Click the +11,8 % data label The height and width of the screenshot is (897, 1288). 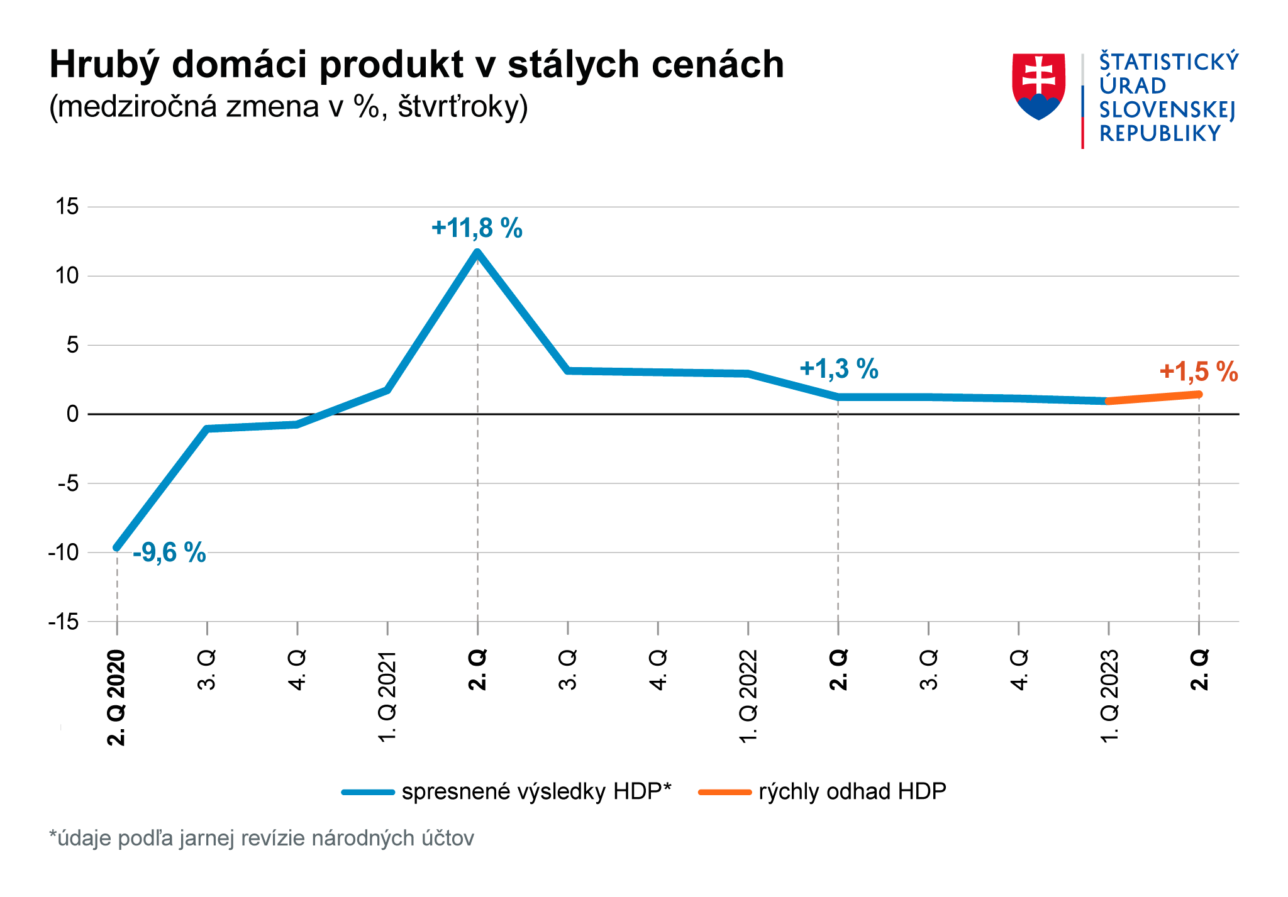click(x=477, y=228)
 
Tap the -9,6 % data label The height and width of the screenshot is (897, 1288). click(x=169, y=553)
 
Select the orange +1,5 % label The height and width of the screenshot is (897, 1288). click(x=1198, y=371)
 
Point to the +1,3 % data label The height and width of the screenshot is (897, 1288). click(x=838, y=368)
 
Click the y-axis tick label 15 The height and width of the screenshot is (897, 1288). click(x=67, y=206)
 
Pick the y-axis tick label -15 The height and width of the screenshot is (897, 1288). click(x=64, y=622)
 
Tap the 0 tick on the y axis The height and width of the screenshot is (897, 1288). click(x=73, y=414)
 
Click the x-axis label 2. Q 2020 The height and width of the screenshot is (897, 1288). click(x=117, y=698)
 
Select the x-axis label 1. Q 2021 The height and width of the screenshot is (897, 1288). click(x=387, y=696)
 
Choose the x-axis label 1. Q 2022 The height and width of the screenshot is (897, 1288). click(x=748, y=696)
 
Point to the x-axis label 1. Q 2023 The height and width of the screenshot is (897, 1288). click(x=1109, y=696)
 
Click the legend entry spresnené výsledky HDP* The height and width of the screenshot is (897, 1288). click(x=536, y=791)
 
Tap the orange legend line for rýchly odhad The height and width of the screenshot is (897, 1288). click(x=724, y=792)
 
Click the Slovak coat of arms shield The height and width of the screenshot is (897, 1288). click(x=1038, y=85)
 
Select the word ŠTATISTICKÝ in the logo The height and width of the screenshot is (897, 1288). click(x=1169, y=62)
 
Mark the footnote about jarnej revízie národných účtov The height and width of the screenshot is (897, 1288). click(x=262, y=839)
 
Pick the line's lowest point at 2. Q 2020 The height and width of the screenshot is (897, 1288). click(x=117, y=548)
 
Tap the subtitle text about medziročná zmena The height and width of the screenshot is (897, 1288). click(x=288, y=107)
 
